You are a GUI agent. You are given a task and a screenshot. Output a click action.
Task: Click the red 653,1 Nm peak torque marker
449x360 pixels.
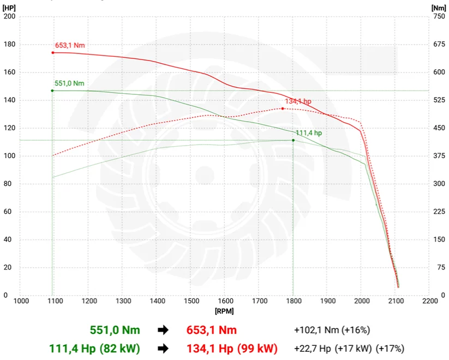(53, 53)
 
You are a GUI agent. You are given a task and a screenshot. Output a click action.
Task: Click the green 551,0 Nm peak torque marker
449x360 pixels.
(52, 91)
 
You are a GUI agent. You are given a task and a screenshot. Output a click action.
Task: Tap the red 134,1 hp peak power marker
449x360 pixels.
(283, 109)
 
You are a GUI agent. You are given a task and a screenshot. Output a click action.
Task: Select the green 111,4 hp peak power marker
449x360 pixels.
(293, 140)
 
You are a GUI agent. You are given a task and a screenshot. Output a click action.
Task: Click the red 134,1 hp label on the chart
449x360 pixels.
(298, 101)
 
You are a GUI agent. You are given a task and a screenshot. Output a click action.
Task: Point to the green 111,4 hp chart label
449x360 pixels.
(309, 133)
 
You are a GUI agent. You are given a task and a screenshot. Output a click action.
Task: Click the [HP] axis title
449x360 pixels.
(9, 8)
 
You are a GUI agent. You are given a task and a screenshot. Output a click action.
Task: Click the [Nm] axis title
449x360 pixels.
(438, 8)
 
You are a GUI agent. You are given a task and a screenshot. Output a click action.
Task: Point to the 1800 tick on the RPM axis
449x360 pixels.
(293, 301)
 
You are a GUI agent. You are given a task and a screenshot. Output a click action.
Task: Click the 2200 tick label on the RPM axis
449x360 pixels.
(429, 301)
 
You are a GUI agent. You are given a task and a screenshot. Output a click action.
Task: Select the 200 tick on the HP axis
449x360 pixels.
(10, 16)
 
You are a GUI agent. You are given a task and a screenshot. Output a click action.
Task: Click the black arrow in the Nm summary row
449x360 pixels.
(162, 330)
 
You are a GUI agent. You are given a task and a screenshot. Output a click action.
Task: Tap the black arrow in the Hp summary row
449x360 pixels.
(162, 349)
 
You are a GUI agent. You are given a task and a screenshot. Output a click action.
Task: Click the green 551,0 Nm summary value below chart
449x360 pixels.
(115, 330)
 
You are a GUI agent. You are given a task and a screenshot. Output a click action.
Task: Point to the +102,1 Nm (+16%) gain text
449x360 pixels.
(332, 330)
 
